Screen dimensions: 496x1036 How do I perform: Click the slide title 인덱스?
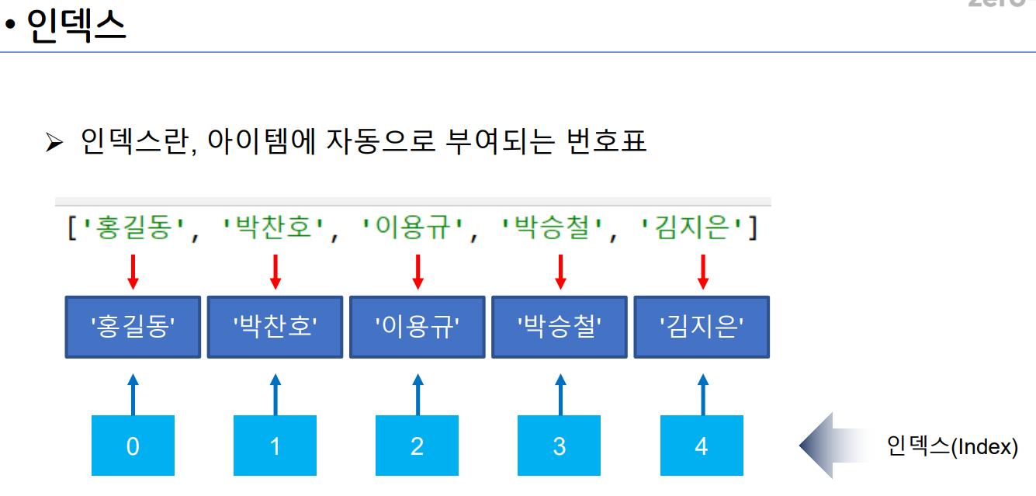point(76,26)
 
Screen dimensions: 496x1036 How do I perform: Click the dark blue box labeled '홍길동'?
point(133,327)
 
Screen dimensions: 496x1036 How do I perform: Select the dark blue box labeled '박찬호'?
point(275,327)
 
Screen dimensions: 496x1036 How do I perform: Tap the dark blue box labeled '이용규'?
point(418,327)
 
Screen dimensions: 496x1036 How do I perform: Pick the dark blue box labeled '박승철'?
point(560,327)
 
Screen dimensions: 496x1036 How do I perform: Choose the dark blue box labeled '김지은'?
point(702,327)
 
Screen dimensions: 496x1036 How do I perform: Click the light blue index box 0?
point(133,446)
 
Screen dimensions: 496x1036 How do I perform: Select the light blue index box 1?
point(275,446)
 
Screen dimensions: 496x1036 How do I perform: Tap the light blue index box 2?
point(418,446)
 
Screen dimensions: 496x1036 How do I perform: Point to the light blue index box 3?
point(560,446)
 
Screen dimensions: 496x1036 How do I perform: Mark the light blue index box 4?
point(702,446)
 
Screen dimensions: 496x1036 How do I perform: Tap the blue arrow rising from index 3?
point(560,394)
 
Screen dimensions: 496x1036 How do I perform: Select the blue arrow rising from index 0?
point(133,394)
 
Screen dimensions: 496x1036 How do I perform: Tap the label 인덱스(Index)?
point(951,446)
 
